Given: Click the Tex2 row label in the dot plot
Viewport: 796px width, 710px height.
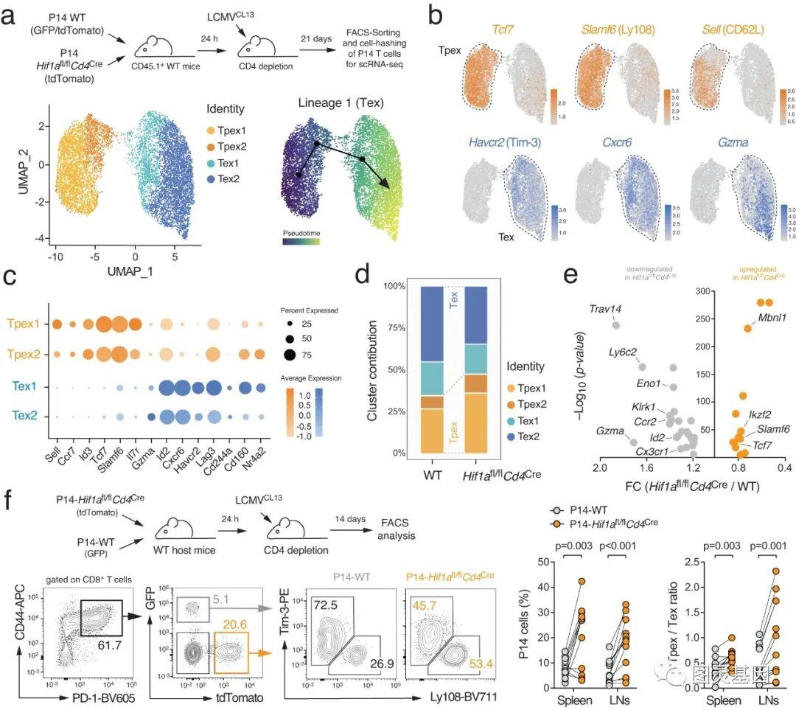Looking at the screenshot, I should pyautogui.click(x=25, y=417).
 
